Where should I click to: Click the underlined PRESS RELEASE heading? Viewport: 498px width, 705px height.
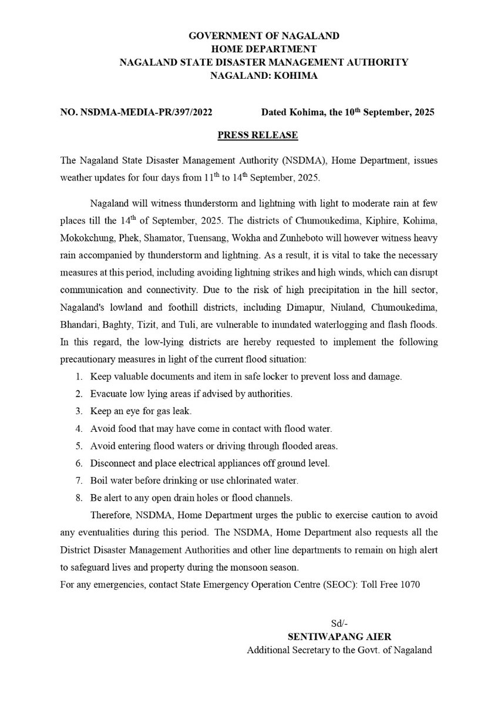tap(258, 135)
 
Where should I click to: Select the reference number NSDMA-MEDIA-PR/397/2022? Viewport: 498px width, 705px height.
tap(141, 112)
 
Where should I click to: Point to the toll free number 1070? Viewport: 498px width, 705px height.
tap(409, 585)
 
